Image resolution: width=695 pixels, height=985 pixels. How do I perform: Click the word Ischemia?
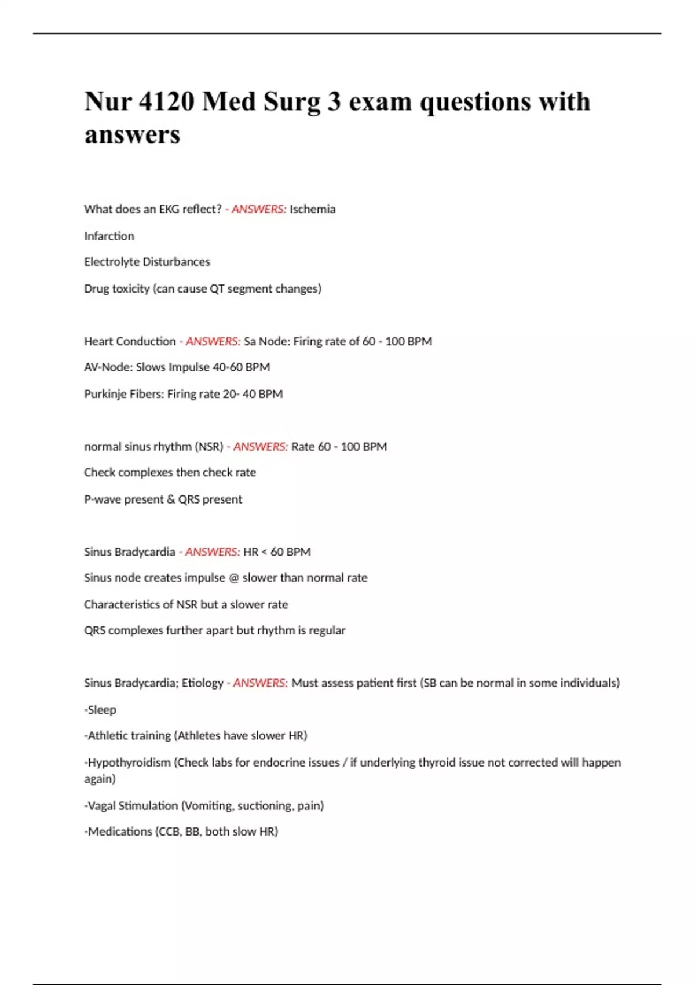click(312, 209)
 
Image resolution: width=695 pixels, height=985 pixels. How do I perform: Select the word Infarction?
click(109, 236)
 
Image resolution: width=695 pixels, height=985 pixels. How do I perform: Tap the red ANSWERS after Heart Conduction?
click(213, 341)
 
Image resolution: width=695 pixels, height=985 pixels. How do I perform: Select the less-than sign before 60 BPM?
click(264, 552)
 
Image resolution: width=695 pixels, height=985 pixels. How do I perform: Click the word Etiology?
click(203, 683)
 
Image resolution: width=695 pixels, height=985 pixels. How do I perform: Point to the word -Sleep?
click(100, 710)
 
